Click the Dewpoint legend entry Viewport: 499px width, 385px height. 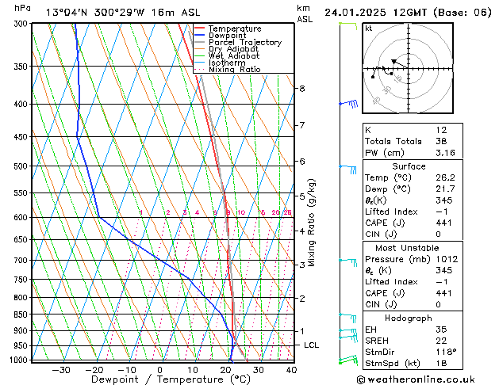(226, 36)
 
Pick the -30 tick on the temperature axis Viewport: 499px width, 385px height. (61, 370)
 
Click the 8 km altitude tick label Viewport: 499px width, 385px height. (302, 88)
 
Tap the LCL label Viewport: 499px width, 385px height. (311, 345)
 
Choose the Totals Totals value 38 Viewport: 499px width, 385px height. (441, 141)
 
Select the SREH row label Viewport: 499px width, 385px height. (378, 340)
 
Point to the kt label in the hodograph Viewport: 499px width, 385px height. (368, 28)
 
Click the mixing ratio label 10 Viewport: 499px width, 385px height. (240, 212)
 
